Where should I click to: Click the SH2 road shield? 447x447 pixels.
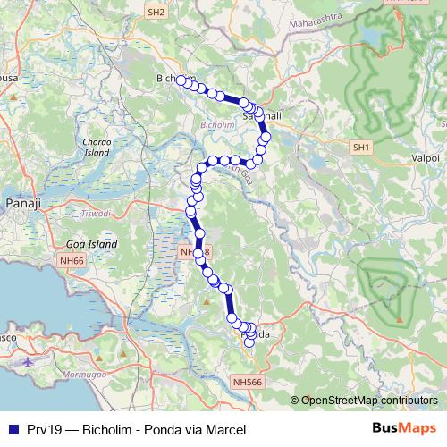(156, 13)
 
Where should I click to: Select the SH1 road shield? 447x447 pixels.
(361, 147)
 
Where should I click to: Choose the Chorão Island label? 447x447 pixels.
(96, 148)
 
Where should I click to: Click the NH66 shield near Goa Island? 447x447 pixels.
(71, 259)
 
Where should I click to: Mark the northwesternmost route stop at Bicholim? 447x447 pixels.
(181, 80)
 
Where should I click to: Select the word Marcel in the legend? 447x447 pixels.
(225, 430)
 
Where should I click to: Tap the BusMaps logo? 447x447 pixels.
(402, 428)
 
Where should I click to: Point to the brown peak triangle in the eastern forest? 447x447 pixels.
(400, 319)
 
